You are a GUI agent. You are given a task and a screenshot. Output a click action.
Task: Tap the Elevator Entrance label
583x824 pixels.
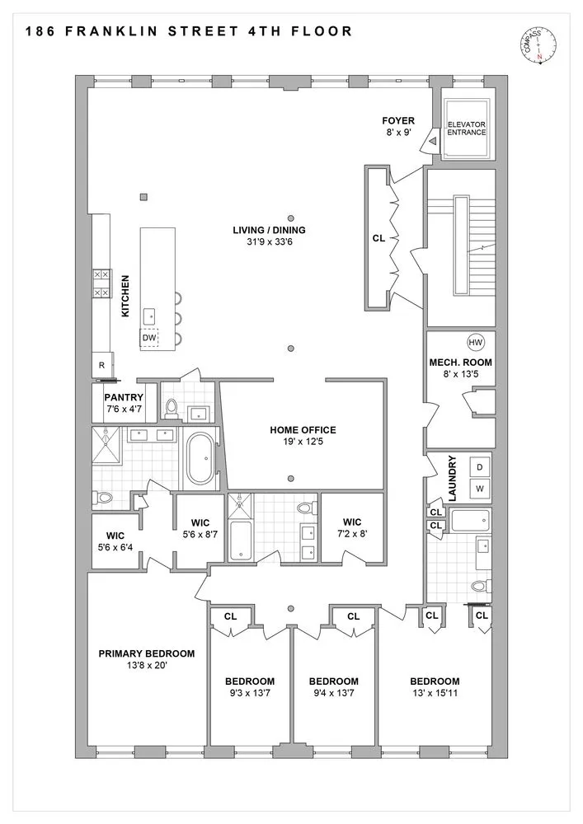[466, 129]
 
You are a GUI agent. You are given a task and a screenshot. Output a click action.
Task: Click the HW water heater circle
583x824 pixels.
[475, 343]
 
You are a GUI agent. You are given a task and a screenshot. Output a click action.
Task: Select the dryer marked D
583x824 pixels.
[479, 467]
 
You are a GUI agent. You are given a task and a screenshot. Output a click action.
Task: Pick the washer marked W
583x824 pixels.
[479, 488]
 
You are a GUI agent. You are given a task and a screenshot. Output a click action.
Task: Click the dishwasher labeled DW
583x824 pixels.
[149, 337]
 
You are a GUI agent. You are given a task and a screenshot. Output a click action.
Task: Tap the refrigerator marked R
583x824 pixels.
[102, 365]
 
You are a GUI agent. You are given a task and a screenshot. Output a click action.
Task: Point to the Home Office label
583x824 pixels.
[303, 430]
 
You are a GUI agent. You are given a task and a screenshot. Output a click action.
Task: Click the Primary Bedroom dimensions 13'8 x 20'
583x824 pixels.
[147, 665]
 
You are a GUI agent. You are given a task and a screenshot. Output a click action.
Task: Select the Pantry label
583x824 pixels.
[124, 397]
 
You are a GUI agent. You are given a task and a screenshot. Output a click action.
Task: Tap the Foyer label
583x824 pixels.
[398, 121]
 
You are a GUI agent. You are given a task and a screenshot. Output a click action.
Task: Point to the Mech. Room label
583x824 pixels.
[460, 362]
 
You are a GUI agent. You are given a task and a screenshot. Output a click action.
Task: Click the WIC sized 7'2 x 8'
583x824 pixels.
[351, 527]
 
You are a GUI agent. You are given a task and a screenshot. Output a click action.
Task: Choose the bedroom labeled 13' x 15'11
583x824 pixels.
[435, 687]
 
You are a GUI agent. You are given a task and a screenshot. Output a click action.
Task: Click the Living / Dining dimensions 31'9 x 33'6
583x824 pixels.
[269, 242]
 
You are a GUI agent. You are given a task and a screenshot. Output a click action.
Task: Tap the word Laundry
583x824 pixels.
[453, 478]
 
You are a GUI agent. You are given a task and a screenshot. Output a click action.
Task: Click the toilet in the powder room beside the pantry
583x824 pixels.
[172, 409]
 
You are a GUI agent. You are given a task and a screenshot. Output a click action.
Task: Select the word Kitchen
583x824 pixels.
[125, 296]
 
